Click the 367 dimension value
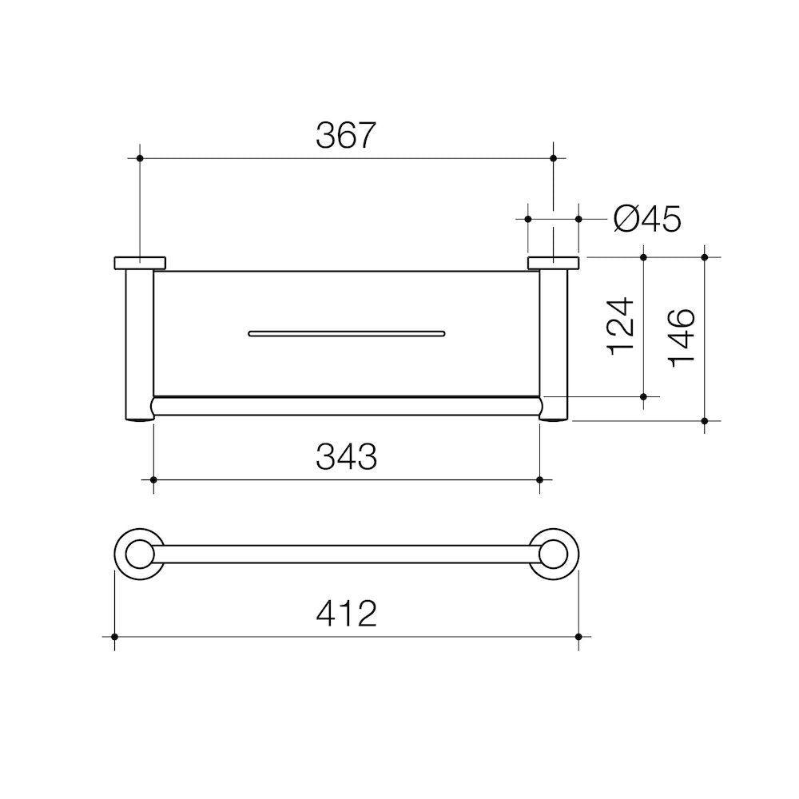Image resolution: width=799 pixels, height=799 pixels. click(345, 136)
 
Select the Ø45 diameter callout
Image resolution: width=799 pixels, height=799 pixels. click(647, 217)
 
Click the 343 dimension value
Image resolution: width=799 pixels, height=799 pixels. click(345, 457)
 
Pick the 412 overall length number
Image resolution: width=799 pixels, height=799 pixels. click(345, 614)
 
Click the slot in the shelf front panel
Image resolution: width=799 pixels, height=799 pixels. click(346, 332)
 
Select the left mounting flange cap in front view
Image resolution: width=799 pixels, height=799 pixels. click(140, 264)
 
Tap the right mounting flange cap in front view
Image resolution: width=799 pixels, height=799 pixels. click(552, 264)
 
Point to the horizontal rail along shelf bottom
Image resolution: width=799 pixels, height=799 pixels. click(346, 405)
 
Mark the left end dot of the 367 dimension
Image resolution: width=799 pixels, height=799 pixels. click(140, 159)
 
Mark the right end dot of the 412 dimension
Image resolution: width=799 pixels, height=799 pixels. click(578, 637)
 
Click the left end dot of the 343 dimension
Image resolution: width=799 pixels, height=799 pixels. click(153, 480)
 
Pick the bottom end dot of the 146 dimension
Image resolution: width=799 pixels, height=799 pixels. click(705, 420)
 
